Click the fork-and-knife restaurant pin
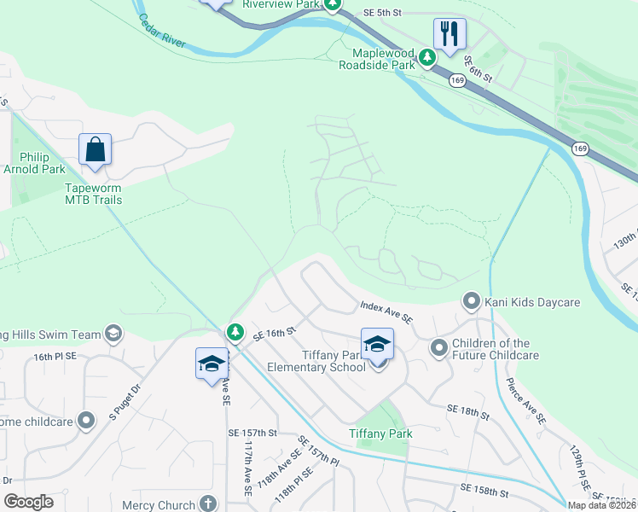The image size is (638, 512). pos(449,35)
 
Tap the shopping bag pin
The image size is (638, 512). pos(96,149)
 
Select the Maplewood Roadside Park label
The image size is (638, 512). pos(376,59)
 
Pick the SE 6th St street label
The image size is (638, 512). pos(478,69)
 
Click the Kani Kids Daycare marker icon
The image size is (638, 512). pos(471,301)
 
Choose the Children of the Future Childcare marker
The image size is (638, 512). pos(438,347)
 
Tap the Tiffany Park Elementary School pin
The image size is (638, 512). pos(377,345)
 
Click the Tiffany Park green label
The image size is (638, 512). pos(380,433)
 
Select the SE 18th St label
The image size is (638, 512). pos(468,413)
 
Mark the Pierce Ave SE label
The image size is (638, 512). pos(525,400)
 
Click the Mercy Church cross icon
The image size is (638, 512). pos(207,504)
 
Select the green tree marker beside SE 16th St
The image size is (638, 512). pos(235,330)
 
